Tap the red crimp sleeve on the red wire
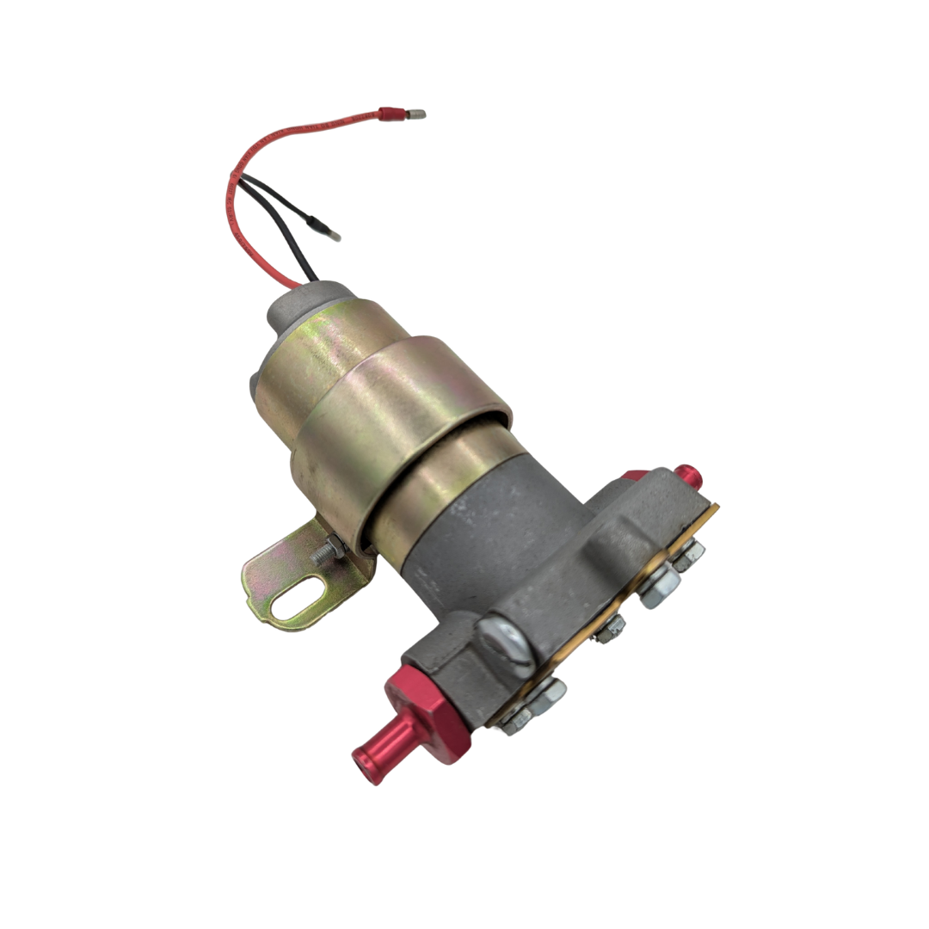(x=392, y=114)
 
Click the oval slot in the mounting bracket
(x=298, y=600)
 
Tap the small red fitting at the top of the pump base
(x=687, y=475)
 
